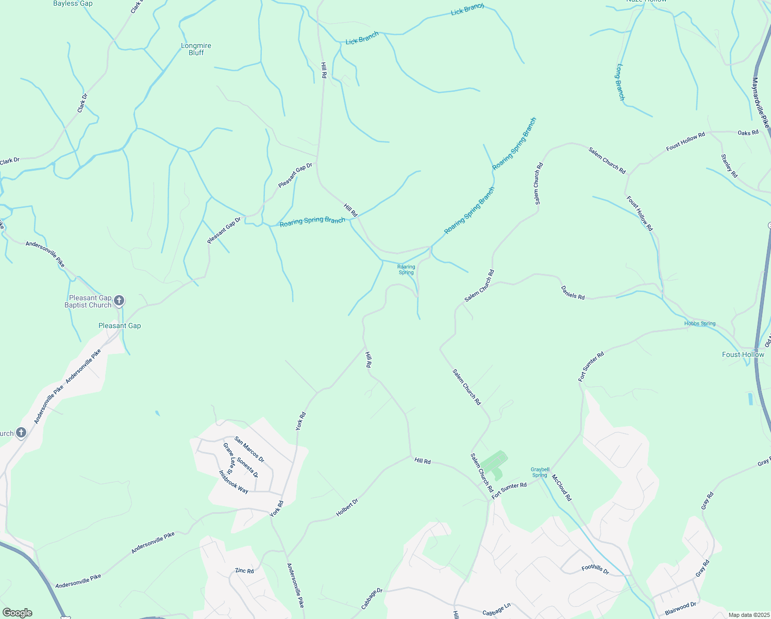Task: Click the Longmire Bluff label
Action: pyautogui.click(x=196, y=49)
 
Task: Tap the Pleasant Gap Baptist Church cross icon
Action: pyautogui.click(x=119, y=300)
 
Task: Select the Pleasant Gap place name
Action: pyautogui.click(x=120, y=325)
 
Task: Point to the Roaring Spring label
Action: pyautogui.click(x=406, y=269)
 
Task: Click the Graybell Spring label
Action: pyautogui.click(x=540, y=472)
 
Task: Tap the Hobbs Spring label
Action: pyautogui.click(x=700, y=323)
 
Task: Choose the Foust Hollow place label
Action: pyautogui.click(x=743, y=354)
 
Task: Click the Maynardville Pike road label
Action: pyautogui.click(x=760, y=103)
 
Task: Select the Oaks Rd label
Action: pyautogui.click(x=748, y=133)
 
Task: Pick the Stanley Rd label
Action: pyautogui.click(x=729, y=166)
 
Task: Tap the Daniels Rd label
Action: pyautogui.click(x=573, y=293)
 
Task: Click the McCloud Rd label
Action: pyautogui.click(x=562, y=487)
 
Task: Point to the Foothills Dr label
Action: pyautogui.click(x=595, y=569)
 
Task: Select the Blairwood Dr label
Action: pyautogui.click(x=680, y=608)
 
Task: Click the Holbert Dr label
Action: pyautogui.click(x=347, y=507)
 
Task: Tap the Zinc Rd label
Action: pyautogui.click(x=244, y=571)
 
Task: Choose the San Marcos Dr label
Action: pyautogui.click(x=249, y=449)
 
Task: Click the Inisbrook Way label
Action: pyautogui.click(x=233, y=482)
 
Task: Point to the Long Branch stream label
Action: pyautogui.click(x=621, y=82)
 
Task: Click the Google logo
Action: pyautogui.click(x=18, y=612)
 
